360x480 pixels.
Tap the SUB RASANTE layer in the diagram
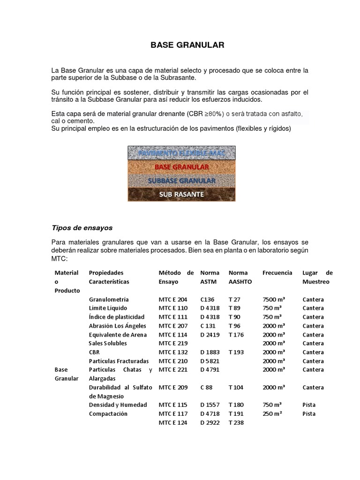pos(182,195)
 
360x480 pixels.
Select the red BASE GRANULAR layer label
pos(182,166)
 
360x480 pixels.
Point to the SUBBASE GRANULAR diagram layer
pos(182,180)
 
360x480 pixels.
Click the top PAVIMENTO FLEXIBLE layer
pos(182,153)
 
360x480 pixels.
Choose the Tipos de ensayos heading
pos(82,228)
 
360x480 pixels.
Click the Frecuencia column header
pos(277,272)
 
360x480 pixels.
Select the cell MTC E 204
pos(173,299)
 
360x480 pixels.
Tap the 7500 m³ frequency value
pos(275,299)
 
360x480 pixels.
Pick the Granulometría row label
pos(109,299)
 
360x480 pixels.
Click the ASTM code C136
pos(208,299)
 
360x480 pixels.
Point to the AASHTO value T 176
pos(236,335)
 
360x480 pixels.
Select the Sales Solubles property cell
pos(108,343)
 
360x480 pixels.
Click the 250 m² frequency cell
pos(272,413)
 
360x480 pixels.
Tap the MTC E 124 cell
pos(173,422)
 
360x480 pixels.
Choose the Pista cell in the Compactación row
pos(309,413)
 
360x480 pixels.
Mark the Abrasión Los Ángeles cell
pos(117,326)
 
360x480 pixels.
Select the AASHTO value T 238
pos(236,422)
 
